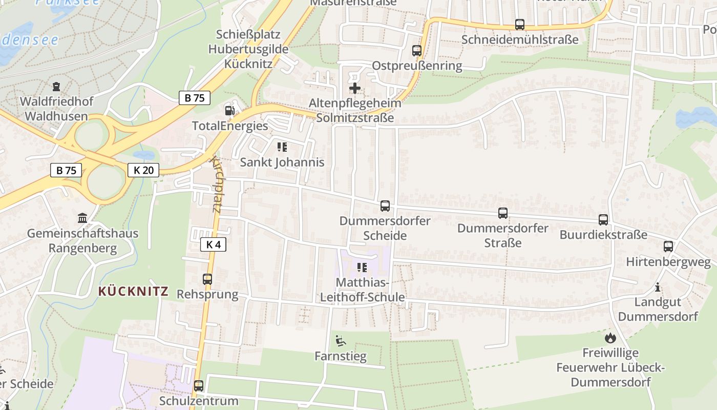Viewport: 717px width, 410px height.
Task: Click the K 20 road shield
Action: (x=143, y=170)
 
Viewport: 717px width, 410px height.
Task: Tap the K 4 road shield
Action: (x=213, y=244)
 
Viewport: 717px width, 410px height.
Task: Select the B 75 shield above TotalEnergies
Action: (x=195, y=98)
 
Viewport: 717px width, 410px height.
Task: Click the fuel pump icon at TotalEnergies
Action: (x=229, y=110)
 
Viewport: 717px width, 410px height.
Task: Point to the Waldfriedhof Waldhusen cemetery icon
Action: (x=56, y=87)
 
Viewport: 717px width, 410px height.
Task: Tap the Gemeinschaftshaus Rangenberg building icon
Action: (x=82, y=218)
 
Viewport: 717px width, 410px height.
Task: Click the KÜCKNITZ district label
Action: (x=133, y=292)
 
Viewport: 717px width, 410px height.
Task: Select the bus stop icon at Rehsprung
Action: (x=207, y=279)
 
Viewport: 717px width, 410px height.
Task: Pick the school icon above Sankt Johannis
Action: (x=282, y=148)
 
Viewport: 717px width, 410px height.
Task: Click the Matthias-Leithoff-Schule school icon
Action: (x=362, y=268)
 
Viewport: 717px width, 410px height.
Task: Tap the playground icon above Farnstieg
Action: (x=340, y=341)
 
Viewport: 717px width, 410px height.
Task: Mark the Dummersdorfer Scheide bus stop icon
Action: (x=385, y=206)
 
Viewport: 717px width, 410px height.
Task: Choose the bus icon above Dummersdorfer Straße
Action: (x=503, y=213)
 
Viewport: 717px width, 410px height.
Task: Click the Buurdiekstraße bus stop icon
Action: (x=603, y=220)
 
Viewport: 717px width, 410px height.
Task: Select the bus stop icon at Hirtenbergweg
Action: (x=668, y=247)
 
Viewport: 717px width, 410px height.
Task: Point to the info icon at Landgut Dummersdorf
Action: (x=658, y=287)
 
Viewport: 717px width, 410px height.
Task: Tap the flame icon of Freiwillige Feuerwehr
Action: (x=610, y=338)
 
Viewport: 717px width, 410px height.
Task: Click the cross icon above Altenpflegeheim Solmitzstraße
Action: (x=354, y=88)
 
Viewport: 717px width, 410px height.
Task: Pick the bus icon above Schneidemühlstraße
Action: (x=520, y=24)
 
